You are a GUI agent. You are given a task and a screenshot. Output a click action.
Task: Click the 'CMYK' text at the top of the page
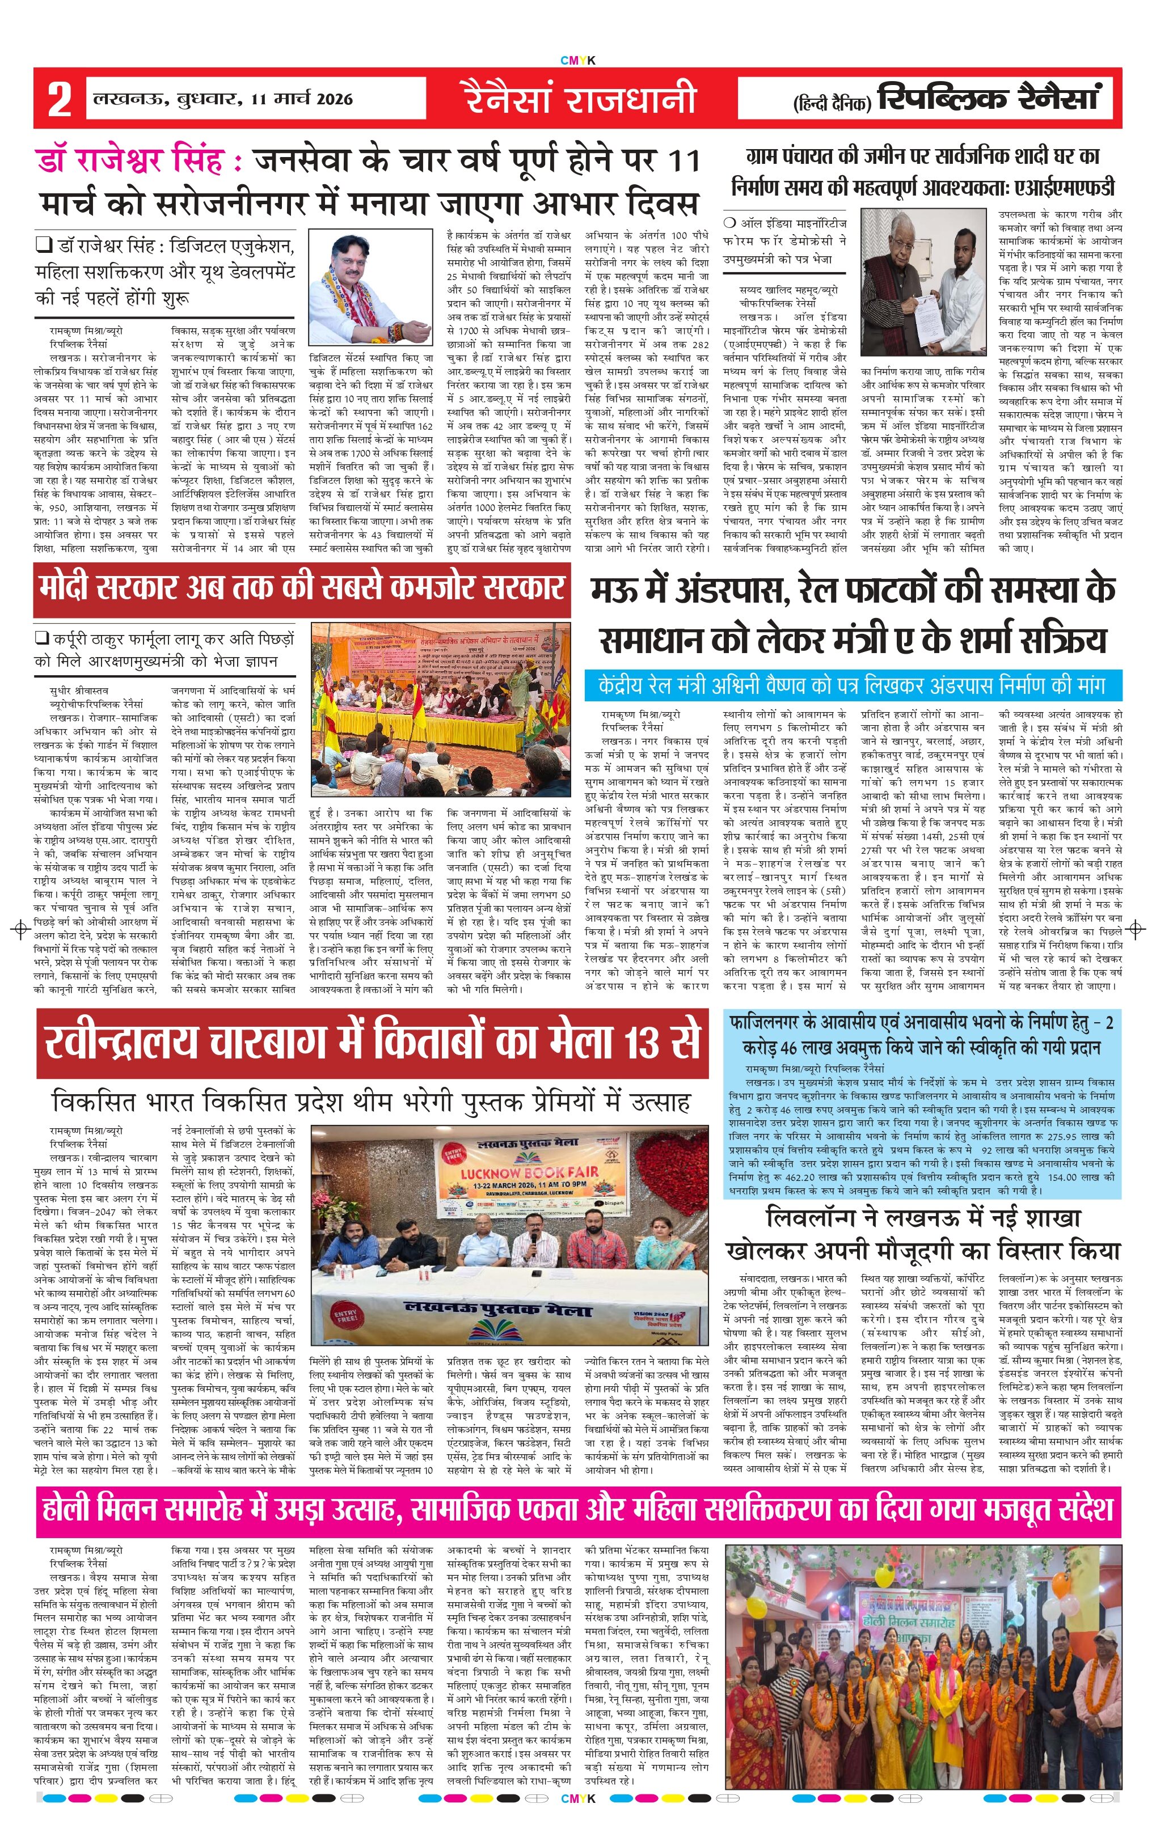click(x=577, y=61)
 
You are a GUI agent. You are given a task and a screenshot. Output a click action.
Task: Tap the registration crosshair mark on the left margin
click(x=20, y=929)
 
